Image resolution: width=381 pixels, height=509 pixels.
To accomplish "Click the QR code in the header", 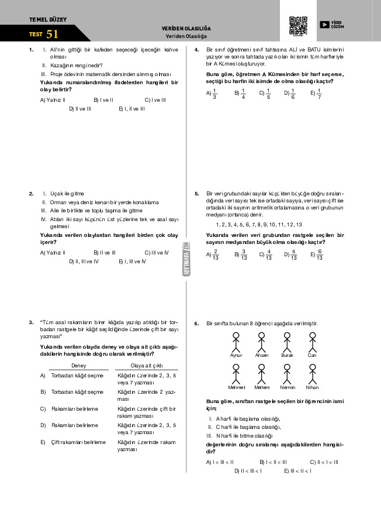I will click(298, 26).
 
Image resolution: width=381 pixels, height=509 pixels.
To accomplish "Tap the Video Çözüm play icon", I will click(325, 25).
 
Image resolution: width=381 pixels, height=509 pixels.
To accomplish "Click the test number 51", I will click(53, 34).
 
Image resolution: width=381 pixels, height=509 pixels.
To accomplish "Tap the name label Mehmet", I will click(236, 387).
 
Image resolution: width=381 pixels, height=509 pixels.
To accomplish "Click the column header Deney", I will click(78, 365).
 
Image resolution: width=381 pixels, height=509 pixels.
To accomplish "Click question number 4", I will click(197, 50).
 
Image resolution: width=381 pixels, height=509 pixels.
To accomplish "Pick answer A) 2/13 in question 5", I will click(212, 254).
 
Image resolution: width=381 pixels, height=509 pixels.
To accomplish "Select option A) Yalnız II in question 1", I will click(52, 100).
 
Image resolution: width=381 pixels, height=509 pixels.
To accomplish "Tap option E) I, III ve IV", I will click(131, 261).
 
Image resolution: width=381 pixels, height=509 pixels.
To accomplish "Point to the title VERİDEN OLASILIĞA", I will click(186, 29).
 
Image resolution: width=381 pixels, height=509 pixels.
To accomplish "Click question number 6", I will click(197, 323).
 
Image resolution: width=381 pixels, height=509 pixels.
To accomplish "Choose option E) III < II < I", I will click(297, 471).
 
